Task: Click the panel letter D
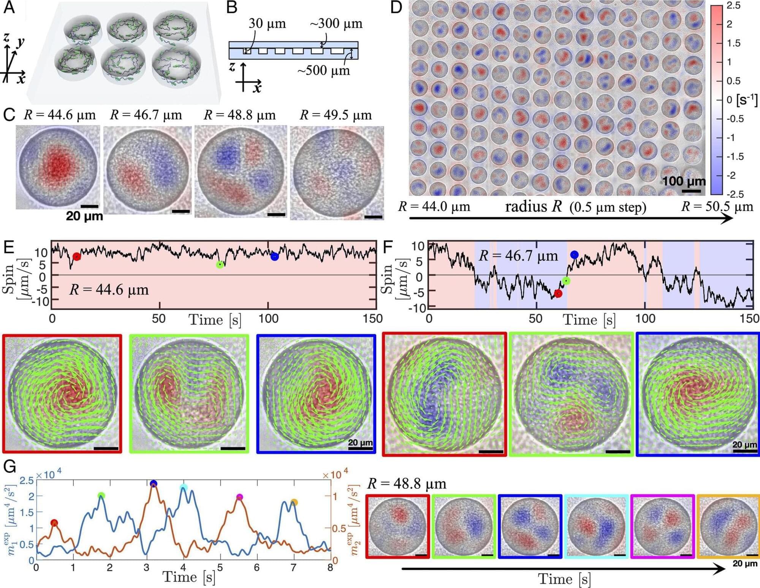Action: coord(396,8)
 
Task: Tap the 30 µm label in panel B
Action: coord(267,24)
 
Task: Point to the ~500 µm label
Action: coord(323,70)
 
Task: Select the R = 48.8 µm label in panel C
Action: coord(239,115)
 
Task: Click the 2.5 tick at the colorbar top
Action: coord(733,6)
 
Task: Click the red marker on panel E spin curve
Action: coord(77,256)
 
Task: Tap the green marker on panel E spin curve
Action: coord(220,264)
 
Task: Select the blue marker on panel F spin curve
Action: coord(574,254)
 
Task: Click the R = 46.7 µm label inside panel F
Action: coord(518,256)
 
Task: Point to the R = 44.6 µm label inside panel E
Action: coord(109,290)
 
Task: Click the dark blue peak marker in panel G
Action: coord(154,484)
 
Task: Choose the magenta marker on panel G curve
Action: coord(239,497)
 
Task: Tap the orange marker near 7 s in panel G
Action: coord(294,503)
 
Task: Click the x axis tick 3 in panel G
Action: coord(146,568)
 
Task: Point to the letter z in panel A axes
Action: coord(6,37)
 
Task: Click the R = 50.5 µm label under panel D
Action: coord(717,207)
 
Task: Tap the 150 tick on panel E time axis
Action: coord(372,318)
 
